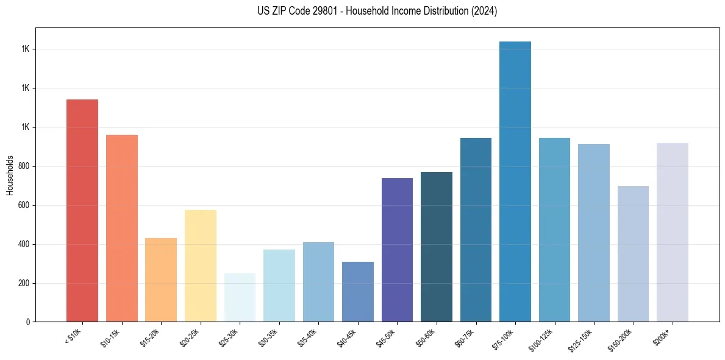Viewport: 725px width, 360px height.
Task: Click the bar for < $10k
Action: [x=82, y=211]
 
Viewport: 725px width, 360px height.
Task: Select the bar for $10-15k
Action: [x=121, y=228]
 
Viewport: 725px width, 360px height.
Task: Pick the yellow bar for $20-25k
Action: [x=200, y=266]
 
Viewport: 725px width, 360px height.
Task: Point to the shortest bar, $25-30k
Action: [x=240, y=298]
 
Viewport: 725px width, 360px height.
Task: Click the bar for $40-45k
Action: [x=357, y=292]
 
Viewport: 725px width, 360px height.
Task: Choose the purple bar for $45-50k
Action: [x=397, y=250]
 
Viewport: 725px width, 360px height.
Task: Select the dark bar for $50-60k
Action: [x=437, y=247]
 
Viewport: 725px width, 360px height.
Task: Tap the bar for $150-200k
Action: [x=633, y=254]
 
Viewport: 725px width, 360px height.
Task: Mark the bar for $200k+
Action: [x=673, y=232]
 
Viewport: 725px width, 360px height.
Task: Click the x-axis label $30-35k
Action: [x=269, y=337]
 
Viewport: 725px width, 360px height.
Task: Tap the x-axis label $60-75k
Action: [x=466, y=337]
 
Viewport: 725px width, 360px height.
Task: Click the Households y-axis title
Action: [x=10, y=175]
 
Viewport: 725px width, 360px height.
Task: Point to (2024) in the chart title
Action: [x=484, y=11]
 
